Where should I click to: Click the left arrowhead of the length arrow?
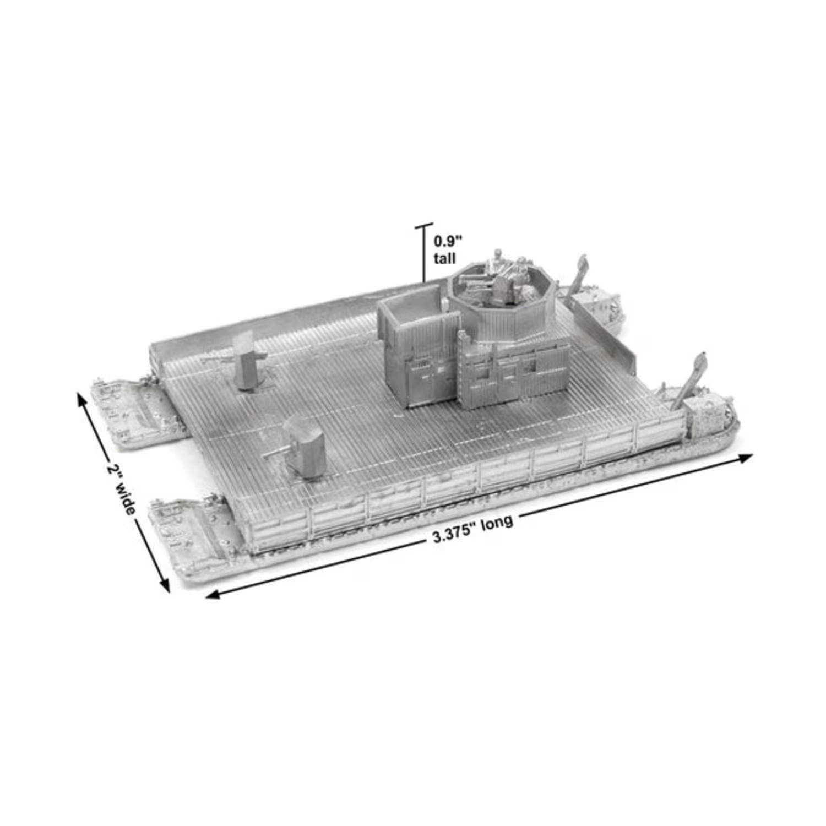pos(213,594)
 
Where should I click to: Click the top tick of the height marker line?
pos(424,225)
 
